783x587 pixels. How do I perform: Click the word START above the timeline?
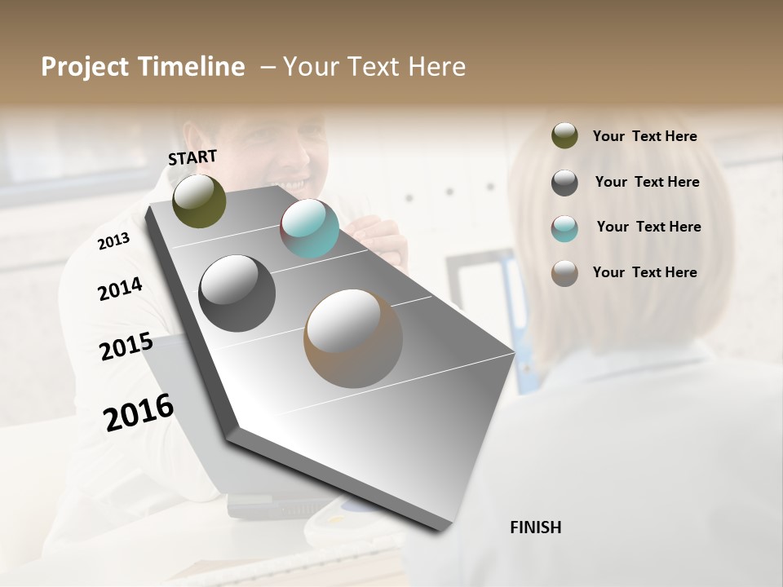tap(192, 157)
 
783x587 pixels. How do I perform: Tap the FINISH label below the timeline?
tap(535, 527)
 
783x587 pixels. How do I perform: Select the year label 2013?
tap(113, 241)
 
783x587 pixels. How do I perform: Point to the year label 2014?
tap(120, 289)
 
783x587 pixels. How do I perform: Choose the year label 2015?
tap(126, 346)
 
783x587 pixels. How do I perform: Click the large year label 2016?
tap(139, 412)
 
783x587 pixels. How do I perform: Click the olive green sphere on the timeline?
tap(200, 201)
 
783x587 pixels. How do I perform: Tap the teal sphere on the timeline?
tap(309, 228)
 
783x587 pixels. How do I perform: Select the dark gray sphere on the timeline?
tap(237, 293)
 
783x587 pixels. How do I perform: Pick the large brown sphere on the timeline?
tap(353, 338)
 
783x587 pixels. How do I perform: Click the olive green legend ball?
tap(564, 135)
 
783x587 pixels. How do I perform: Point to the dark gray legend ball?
tap(564, 183)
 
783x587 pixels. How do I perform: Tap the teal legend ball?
tap(564, 228)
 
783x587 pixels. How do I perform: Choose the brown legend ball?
tap(564, 273)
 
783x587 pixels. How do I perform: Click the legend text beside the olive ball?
tap(644, 136)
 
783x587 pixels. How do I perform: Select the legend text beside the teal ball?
tap(648, 227)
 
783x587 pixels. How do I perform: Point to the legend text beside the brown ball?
tap(644, 272)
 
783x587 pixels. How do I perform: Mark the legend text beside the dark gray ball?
tap(647, 182)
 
